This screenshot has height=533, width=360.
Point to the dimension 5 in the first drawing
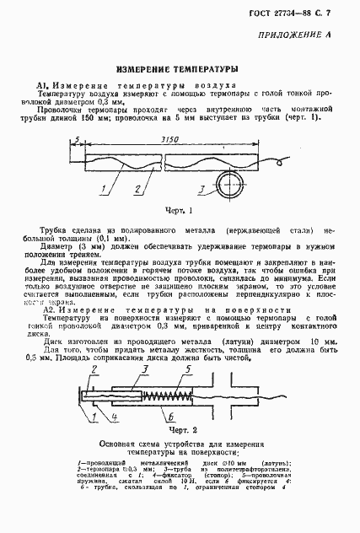[x=76, y=140]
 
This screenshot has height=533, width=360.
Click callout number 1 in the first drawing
[x=103, y=188]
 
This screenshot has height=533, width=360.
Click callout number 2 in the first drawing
[x=137, y=188]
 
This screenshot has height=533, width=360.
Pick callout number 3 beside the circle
[x=201, y=189]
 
